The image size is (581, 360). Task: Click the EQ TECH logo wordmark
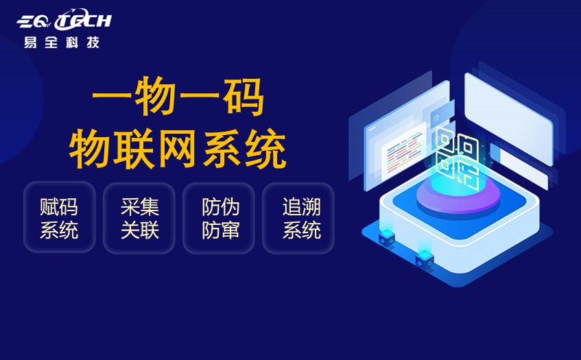(x=64, y=21)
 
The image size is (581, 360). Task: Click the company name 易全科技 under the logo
(x=61, y=43)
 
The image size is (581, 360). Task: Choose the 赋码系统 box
(x=59, y=217)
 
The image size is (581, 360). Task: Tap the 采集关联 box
(x=139, y=217)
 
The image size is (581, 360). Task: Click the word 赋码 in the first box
(x=59, y=206)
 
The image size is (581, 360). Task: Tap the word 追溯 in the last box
(x=301, y=206)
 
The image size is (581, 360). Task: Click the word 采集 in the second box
(x=140, y=206)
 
